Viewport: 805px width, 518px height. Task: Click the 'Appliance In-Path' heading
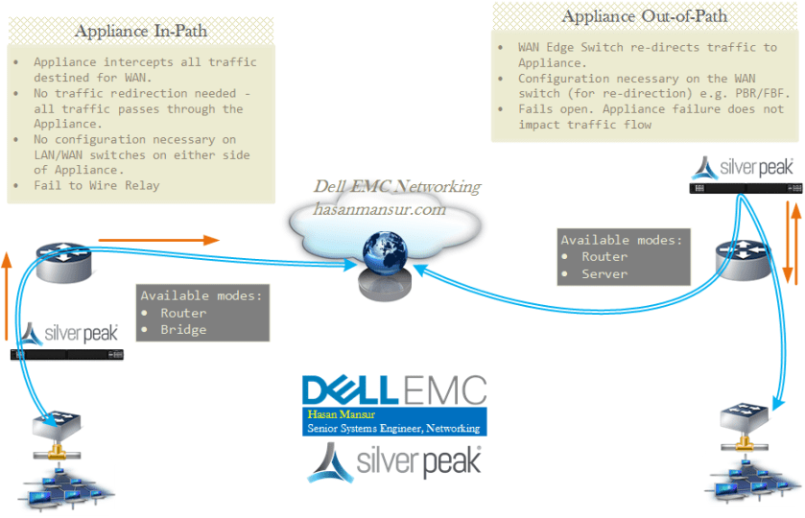140,31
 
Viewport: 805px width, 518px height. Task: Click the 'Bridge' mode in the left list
183,330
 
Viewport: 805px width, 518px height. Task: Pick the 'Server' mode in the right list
604,274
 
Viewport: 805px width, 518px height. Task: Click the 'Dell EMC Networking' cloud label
397,187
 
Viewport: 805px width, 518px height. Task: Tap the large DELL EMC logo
394,389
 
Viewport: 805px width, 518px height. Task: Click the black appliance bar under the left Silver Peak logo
67,355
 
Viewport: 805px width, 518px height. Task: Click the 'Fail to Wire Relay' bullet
97,185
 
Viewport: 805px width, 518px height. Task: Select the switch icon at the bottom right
746,420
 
